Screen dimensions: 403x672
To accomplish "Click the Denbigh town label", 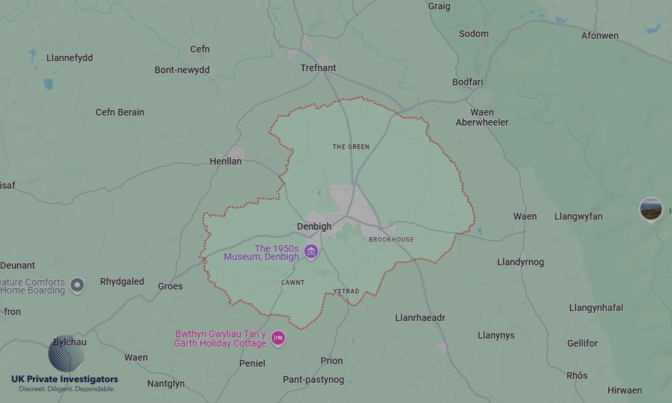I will pos(314,226).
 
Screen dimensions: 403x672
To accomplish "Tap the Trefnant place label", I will pos(318,68).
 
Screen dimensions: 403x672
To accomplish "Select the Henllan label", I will pos(225,161).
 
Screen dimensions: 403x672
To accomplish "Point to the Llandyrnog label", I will pos(520,262).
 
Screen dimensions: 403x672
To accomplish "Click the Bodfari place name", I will pos(468,82).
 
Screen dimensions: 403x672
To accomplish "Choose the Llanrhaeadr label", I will pos(420,318).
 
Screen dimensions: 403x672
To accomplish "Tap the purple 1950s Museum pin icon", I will pos(311,252).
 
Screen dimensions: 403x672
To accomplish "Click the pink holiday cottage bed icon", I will pos(278,338).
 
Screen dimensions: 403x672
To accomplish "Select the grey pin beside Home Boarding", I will pos(77,285).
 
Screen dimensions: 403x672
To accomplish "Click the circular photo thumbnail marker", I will pos(650,209).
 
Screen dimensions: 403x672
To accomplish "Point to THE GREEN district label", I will pos(351,146).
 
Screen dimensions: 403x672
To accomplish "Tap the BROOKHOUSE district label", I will pos(391,239).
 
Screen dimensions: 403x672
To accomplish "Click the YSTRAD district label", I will pos(346,292).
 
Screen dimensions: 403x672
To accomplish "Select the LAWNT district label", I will pos(293,282).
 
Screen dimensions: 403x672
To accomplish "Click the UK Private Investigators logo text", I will pos(65,379).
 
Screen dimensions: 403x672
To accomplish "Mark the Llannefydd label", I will pos(69,58).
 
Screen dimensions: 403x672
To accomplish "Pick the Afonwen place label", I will pos(599,36).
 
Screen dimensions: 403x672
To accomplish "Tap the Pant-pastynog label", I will pos(313,379).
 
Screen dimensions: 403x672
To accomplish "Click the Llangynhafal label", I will pos(595,308).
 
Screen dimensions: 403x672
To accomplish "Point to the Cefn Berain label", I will pos(120,112).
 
